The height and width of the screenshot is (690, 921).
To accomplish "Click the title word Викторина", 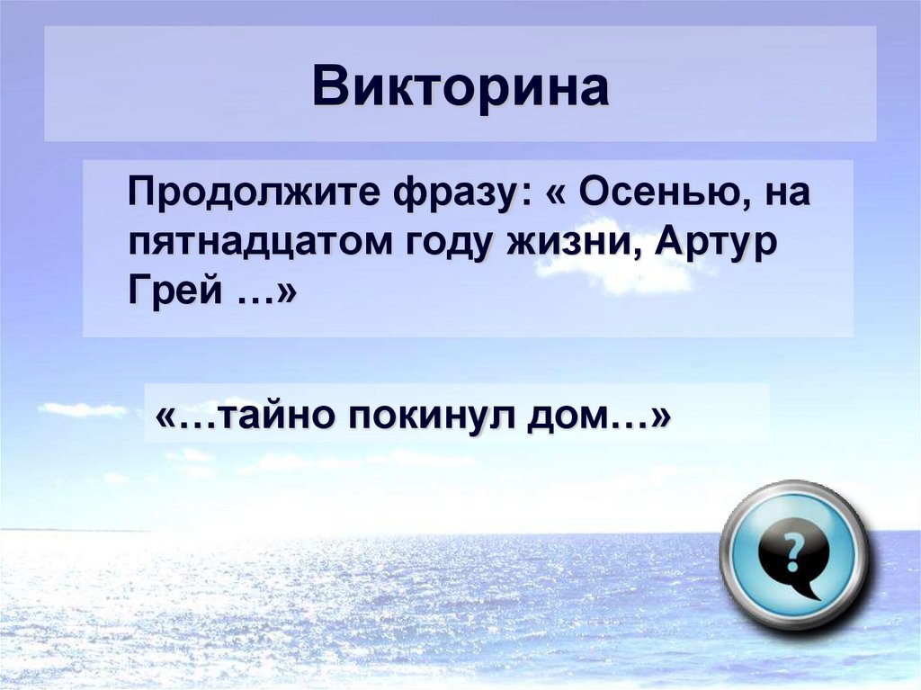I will pos(460,87).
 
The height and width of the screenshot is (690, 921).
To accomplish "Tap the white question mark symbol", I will pos(792,549).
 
